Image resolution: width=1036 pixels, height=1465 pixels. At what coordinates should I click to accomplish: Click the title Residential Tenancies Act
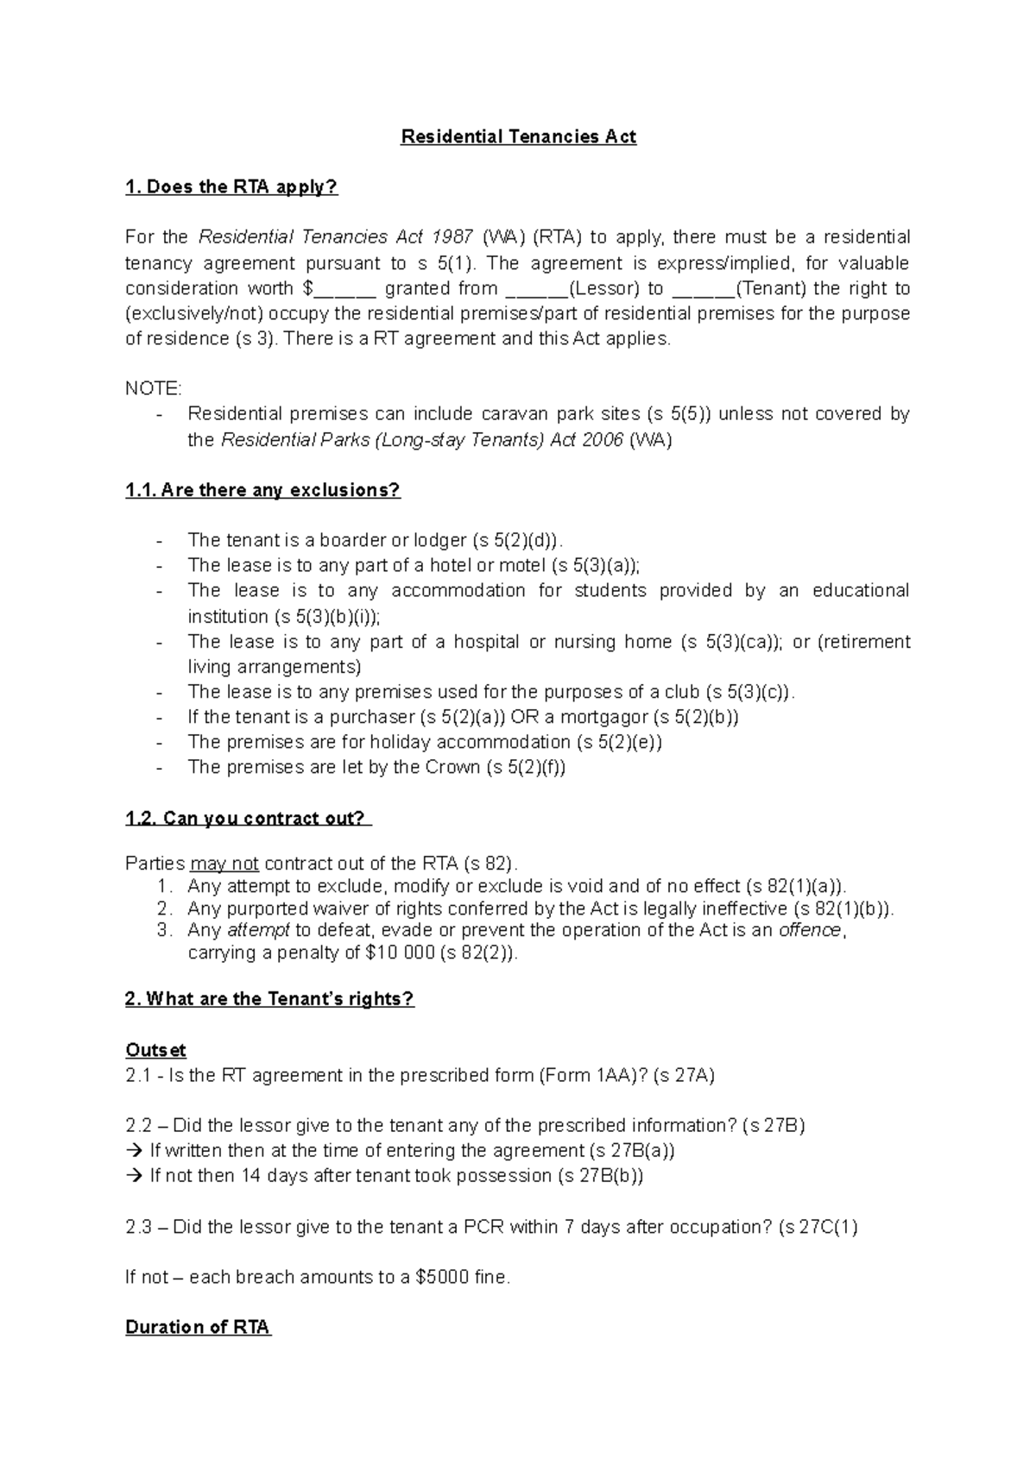coord(518,136)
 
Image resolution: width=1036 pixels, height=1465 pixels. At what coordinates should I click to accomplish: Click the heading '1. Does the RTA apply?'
coord(231,187)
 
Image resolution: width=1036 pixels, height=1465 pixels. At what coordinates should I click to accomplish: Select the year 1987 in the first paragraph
coord(452,237)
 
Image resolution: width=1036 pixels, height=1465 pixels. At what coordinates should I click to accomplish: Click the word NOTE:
coord(154,389)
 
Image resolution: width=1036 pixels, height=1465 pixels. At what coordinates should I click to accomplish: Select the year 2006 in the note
coord(603,440)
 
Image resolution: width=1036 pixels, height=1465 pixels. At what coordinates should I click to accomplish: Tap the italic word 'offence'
coord(809,930)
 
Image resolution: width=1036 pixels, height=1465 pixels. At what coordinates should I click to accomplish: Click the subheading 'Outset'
coord(155,1050)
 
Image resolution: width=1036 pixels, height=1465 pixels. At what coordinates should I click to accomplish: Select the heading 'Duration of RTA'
coord(198,1327)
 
